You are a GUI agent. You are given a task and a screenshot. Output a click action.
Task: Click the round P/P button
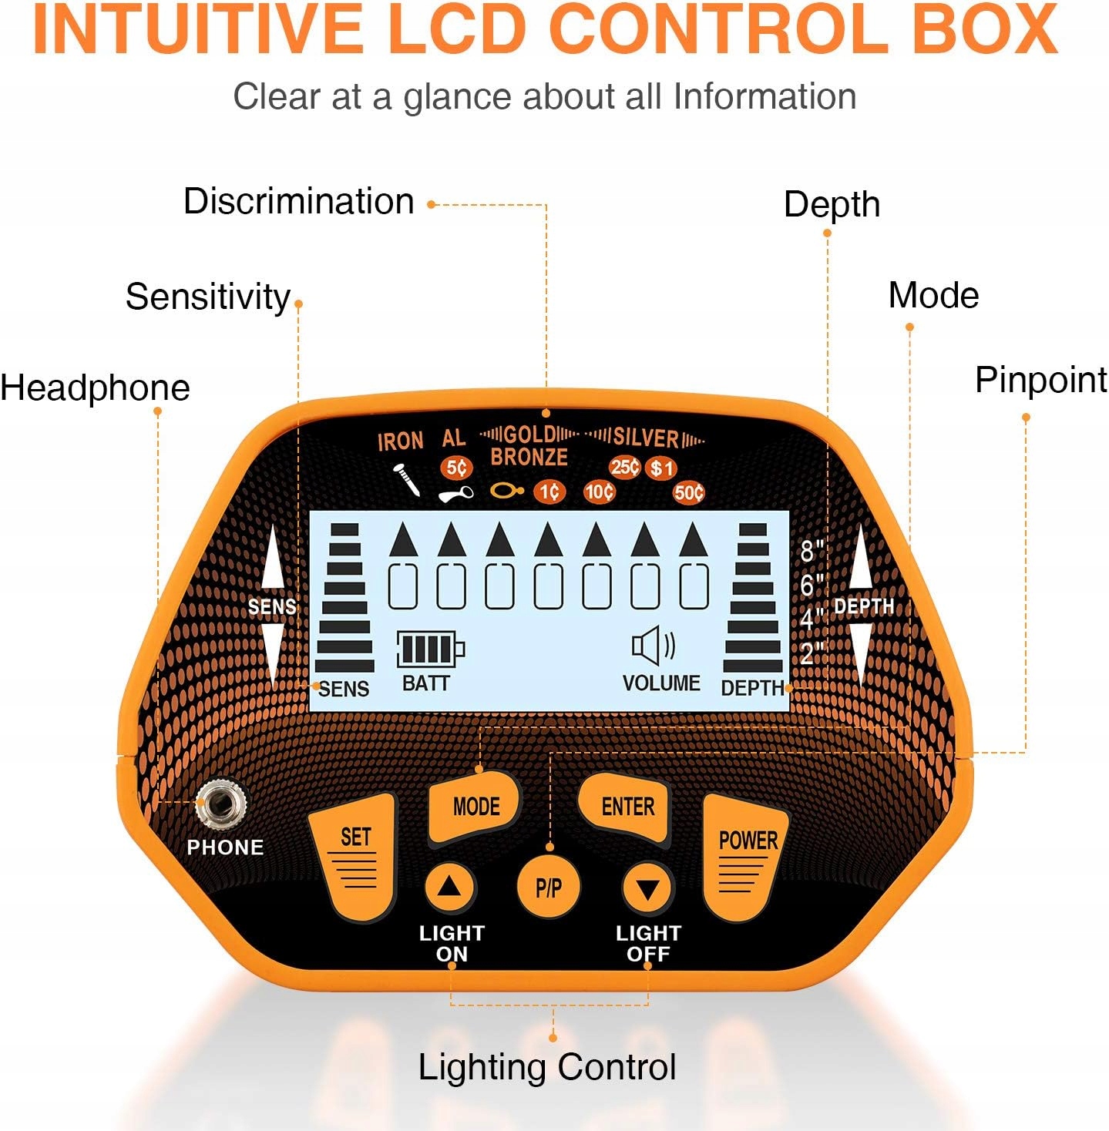coord(548,888)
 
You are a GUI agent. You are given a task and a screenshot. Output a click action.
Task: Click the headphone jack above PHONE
coord(221,806)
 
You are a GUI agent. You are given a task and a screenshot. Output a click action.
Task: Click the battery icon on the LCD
coord(430,649)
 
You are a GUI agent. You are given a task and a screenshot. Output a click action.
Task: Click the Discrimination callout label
coord(298,202)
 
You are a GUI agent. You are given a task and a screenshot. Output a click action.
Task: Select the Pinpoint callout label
coord(1040,380)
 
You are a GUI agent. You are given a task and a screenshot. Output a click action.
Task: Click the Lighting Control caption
coord(547,1068)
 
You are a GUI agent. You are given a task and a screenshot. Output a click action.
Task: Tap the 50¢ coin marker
coord(688,492)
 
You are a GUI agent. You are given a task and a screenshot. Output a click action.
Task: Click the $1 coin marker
coord(661,468)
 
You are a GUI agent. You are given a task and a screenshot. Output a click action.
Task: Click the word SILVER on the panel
coord(646,438)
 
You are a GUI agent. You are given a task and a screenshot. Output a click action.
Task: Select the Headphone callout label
coord(95,388)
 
